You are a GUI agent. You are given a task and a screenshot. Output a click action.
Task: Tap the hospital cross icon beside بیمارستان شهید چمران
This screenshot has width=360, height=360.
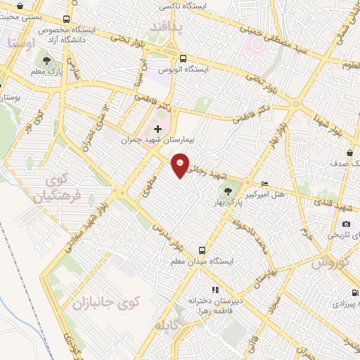pos(157,129)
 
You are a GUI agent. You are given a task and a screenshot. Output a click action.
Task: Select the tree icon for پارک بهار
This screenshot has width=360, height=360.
pos(227,191)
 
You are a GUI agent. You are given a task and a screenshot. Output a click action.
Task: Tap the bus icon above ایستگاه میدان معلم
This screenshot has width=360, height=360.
pos(202,250)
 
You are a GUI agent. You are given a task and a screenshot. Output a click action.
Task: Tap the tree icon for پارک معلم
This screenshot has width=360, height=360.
pos(47,61)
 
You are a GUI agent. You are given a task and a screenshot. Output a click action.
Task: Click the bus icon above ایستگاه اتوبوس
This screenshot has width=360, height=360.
pos(184,58)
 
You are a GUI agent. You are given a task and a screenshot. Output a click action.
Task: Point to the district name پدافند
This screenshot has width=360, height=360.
pos(166,26)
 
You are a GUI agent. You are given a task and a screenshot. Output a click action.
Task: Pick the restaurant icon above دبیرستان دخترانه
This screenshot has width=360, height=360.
pos(214,289)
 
